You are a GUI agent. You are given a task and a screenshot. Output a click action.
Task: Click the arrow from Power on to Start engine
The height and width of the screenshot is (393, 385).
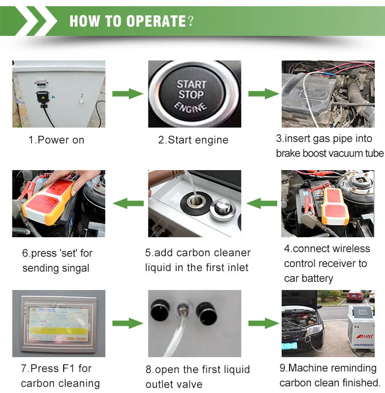(127, 94)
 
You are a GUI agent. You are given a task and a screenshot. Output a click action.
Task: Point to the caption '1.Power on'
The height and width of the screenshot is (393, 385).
(56, 140)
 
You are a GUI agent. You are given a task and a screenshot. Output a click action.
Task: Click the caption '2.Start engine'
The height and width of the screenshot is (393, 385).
(193, 140)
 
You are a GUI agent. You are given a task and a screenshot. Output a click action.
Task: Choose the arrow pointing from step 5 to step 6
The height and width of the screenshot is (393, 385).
(127, 203)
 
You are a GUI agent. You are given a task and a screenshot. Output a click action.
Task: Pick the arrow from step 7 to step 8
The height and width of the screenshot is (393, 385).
(127, 323)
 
